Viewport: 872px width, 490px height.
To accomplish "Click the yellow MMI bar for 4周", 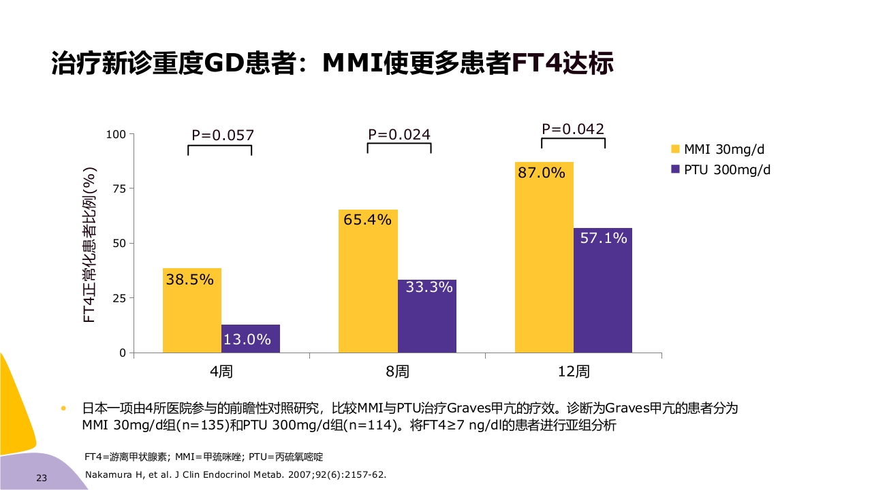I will [191, 310].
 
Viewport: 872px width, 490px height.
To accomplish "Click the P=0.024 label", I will [399, 134].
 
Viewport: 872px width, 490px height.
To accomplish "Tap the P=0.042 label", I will [573, 129].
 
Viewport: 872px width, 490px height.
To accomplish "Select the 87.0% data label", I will [542, 173].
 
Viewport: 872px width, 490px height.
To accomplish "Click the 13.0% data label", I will [247, 339].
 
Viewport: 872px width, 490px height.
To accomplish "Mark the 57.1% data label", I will [604, 238].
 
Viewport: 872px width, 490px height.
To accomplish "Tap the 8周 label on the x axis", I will [397, 372].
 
